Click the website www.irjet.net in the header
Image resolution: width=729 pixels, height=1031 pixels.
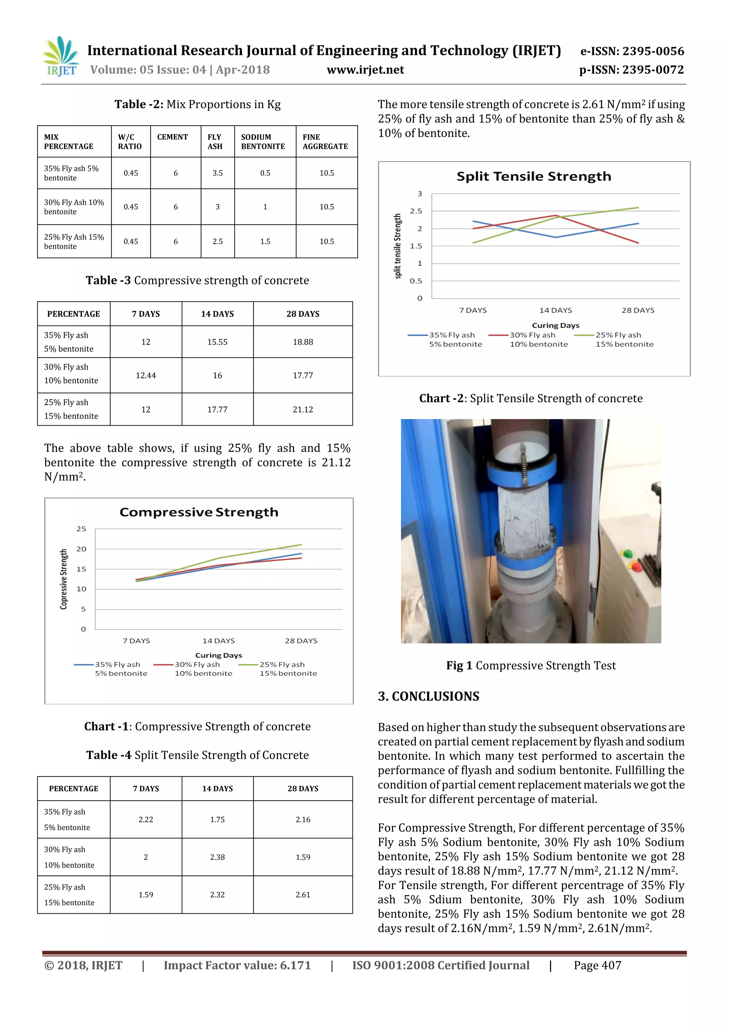[365, 70]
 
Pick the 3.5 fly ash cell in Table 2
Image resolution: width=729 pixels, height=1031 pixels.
[217, 173]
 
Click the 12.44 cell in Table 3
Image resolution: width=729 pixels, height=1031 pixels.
[146, 375]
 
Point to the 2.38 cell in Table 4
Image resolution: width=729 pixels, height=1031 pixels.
[217, 857]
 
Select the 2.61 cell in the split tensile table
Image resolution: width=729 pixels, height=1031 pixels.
[303, 894]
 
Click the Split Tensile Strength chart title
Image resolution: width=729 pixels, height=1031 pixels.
[534, 177]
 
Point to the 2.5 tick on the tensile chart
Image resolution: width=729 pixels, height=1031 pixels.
[416, 211]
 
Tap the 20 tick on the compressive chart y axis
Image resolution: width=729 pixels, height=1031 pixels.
[81, 549]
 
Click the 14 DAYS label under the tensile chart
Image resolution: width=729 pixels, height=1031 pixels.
[556, 310]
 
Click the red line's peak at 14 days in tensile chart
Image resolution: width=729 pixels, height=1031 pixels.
[556, 216]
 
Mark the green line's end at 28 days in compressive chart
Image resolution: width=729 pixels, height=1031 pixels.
[301, 545]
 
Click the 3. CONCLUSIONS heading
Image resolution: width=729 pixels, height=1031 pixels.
[429, 696]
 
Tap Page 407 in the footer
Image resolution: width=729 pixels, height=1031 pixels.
[597, 965]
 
